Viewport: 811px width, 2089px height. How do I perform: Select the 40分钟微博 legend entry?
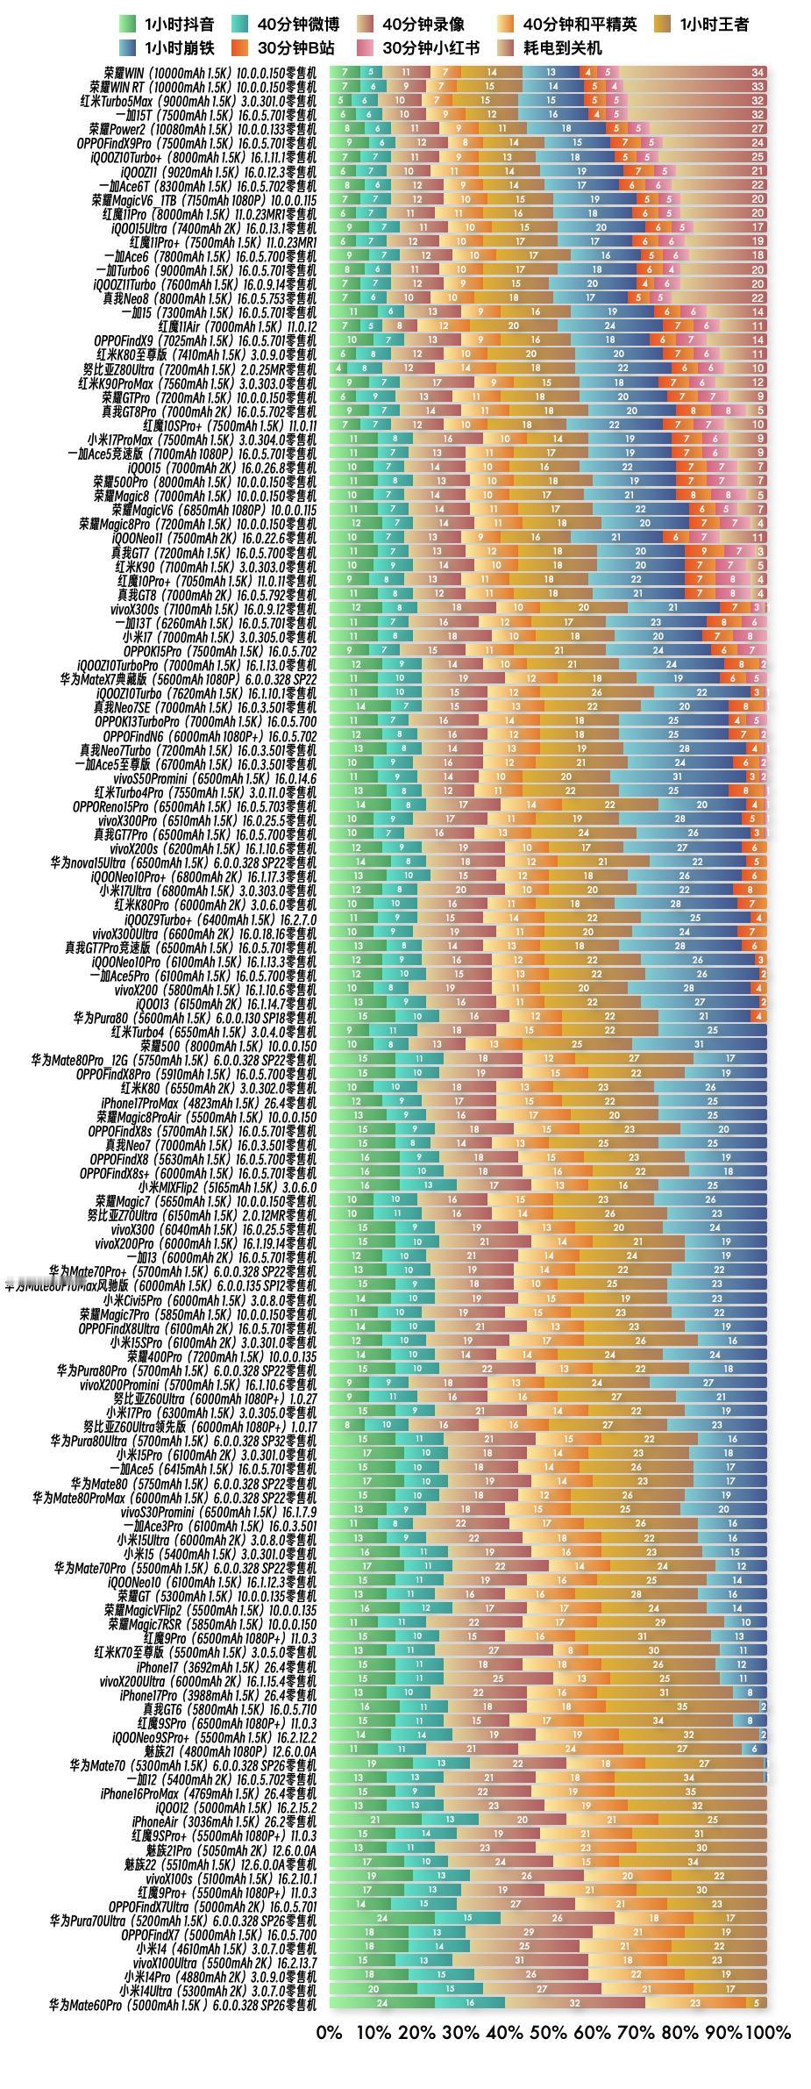coord(286,25)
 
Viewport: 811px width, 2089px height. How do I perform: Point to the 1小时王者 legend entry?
coord(702,25)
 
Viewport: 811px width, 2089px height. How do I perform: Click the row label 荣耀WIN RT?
coord(203,87)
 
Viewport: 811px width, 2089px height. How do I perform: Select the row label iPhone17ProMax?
coord(209,1102)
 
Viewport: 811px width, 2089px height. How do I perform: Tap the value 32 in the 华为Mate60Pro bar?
coord(574,2004)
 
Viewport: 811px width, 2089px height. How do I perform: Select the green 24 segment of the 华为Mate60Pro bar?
coord(381,2004)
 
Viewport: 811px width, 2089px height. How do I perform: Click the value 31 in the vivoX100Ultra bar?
coord(520,1962)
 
